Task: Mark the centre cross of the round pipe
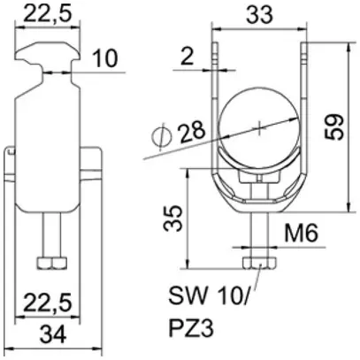(x=257, y=129)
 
